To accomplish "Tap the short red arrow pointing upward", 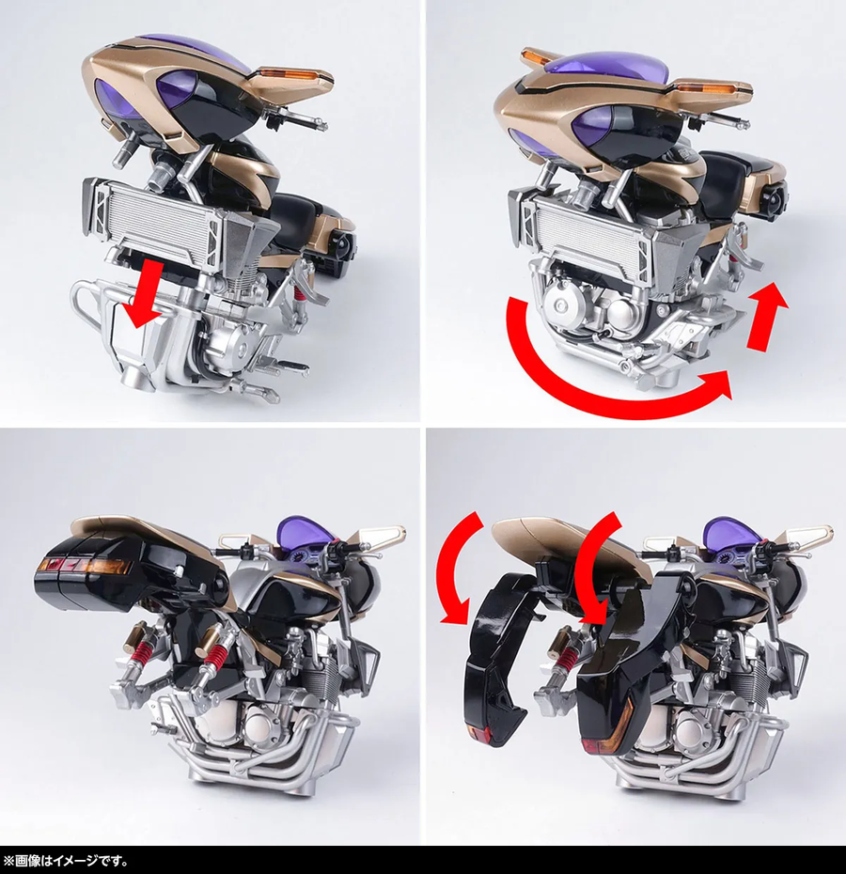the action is (x=766, y=318).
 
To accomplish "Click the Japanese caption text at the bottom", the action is (x=66, y=862).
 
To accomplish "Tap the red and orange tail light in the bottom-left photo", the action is (x=86, y=567).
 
